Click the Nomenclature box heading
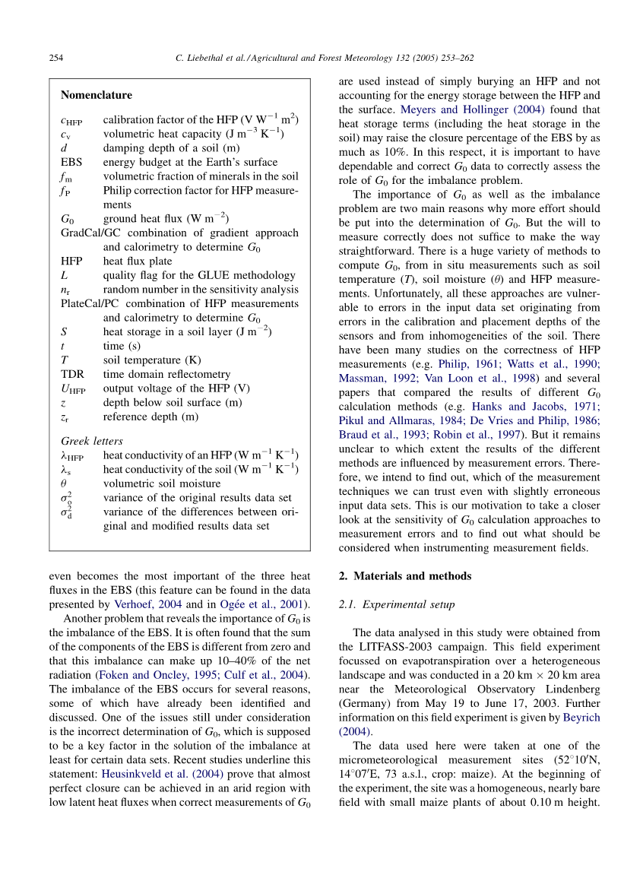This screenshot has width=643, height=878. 96,95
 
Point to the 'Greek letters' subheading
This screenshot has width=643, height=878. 91,441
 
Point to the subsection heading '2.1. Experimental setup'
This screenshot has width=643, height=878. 396,605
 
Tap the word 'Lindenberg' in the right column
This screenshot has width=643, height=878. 568,689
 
